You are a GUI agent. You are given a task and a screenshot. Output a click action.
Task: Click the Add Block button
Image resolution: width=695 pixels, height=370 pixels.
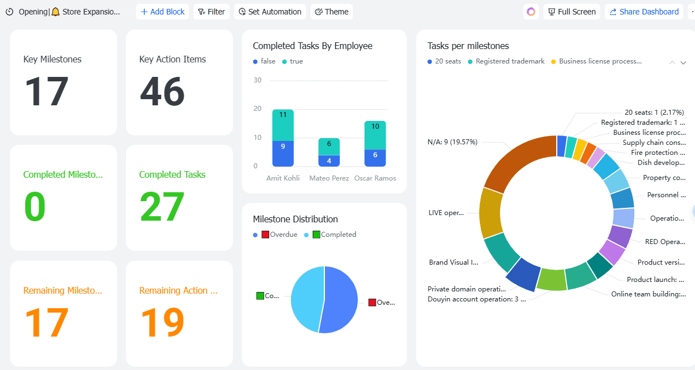tap(163, 12)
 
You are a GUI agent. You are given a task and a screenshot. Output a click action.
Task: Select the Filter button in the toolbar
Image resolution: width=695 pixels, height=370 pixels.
tap(211, 12)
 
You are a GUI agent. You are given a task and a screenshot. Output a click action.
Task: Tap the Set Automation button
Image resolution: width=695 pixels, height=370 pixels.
tap(270, 12)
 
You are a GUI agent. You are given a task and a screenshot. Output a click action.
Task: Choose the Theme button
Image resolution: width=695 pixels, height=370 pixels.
tap(332, 12)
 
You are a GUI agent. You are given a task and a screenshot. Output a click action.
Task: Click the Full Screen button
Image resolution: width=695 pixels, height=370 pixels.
tap(571, 12)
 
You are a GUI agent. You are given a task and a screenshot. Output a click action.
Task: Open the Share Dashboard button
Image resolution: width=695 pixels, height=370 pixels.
tap(644, 12)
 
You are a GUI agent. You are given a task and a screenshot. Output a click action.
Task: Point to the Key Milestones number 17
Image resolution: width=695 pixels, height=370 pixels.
tap(46, 92)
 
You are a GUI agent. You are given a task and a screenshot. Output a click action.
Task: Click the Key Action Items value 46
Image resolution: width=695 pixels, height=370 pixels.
tap(162, 92)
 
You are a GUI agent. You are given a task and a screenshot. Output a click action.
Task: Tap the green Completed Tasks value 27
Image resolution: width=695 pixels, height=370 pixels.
tap(162, 207)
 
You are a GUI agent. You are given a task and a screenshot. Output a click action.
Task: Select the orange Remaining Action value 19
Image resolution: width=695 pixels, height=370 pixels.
tap(162, 323)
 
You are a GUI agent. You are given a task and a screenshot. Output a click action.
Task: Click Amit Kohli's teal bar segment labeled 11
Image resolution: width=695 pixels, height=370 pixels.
tap(283, 125)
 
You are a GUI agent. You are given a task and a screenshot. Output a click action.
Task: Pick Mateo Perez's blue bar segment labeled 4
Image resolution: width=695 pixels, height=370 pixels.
tap(329, 160)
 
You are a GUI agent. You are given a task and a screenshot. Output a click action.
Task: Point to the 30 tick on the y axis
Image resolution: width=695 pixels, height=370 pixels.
tap(257, 80)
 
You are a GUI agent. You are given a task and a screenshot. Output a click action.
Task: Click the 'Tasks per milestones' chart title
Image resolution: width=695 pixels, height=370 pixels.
tap(468, 46)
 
